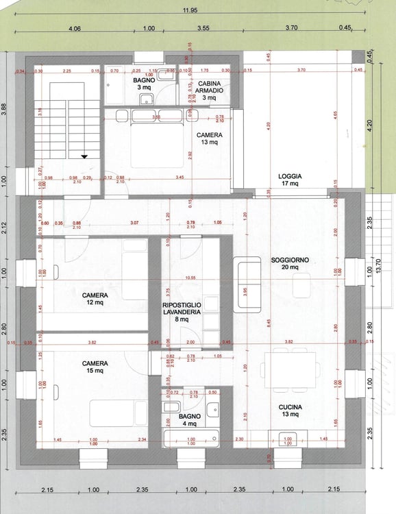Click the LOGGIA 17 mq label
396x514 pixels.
click(x=290, y=180)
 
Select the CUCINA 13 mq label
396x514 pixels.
click(x=290, y=411)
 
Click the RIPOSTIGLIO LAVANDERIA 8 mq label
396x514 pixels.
click(x=181, y=312)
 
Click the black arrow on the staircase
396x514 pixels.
click(x=84, y=156)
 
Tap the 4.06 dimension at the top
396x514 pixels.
click(x=75, y=29)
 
